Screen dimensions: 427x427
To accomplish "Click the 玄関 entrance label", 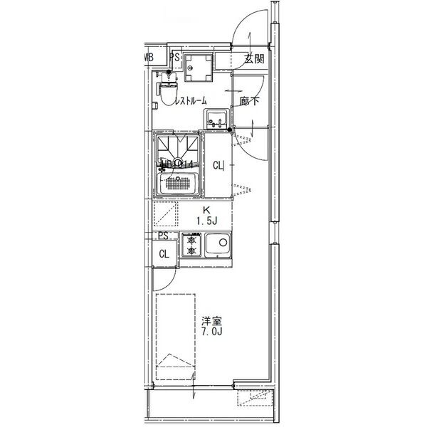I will tap(254, 59).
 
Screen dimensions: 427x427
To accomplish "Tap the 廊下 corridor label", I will tap(248, 101).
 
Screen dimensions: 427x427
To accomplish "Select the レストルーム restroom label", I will tap(191, 101).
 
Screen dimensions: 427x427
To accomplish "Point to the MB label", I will tap(149, 56).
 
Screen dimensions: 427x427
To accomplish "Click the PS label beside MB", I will tap(174, 56).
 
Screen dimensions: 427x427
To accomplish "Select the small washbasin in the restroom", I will tap(216, 118).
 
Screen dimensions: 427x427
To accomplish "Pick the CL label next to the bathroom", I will tap(219, 166).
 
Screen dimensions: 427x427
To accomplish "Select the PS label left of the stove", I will tap(163, 236).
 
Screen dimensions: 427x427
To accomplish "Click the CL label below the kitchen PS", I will tap(164, 253).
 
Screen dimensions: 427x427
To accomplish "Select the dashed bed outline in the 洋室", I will tap(175, 334).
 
